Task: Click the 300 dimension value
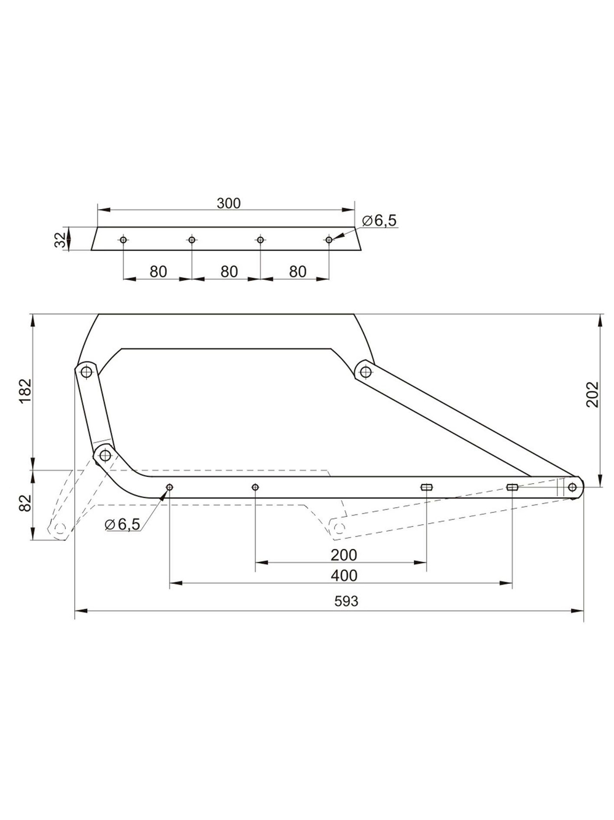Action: pos(228,203)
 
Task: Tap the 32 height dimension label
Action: pos(60,240)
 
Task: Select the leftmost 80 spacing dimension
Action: pos(158,272)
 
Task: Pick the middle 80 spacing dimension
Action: pos(229,272)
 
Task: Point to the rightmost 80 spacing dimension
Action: pos(298,272)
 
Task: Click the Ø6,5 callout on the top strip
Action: pos(379,221)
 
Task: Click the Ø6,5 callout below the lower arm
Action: pos(123,524)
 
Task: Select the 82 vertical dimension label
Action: pos(26,503)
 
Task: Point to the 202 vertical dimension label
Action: pos(593,395)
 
